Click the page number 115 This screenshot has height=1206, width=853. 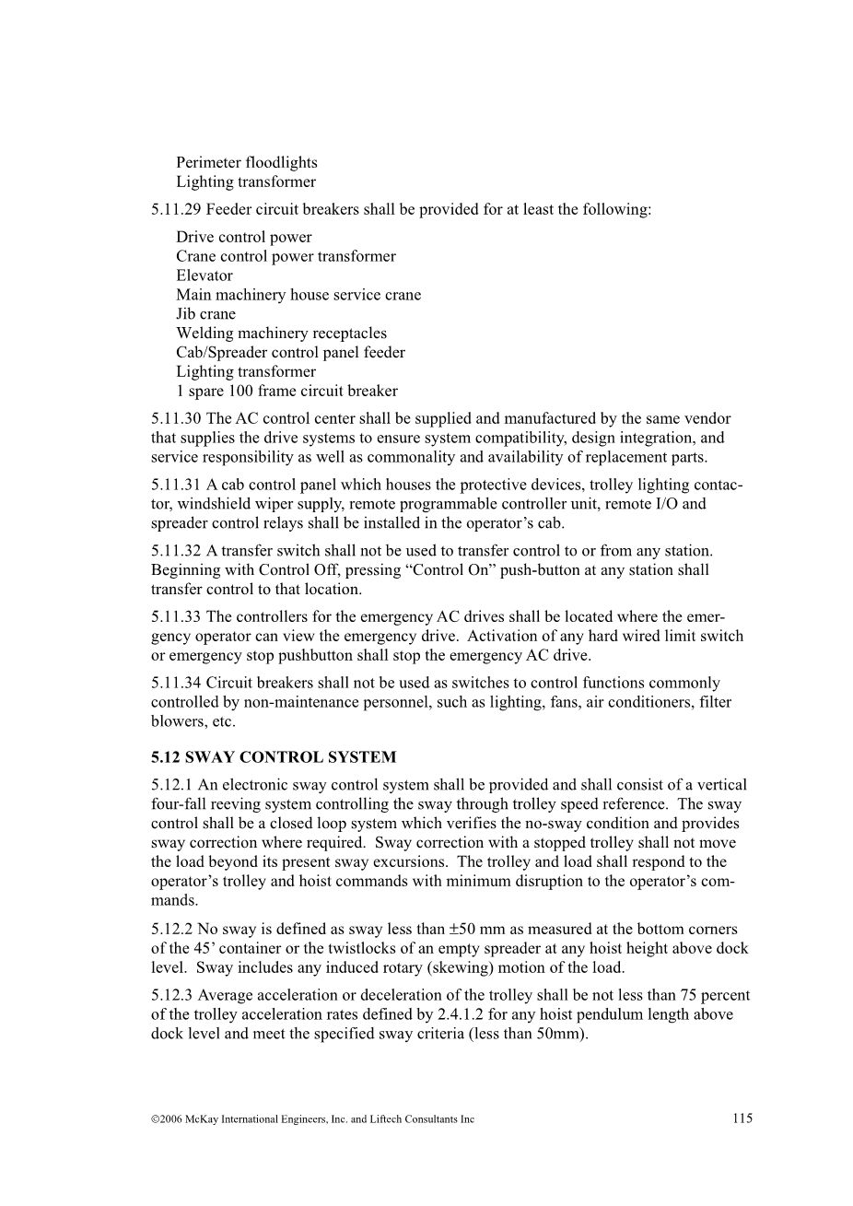742,1118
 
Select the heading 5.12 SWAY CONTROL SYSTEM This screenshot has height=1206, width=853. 274,757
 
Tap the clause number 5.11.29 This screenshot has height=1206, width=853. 176,210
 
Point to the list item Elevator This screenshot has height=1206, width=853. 204,275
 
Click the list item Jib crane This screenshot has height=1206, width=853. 205,314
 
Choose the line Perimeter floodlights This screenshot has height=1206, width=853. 247,163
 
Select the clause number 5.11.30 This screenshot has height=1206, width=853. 176,418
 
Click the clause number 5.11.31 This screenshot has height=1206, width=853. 176,485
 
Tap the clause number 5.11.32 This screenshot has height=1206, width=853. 176,551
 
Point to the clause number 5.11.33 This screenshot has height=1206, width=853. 176,616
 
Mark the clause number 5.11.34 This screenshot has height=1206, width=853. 176,683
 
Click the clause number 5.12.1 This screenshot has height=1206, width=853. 172,785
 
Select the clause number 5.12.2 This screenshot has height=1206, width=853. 172,930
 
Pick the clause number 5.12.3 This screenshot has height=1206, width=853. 172,995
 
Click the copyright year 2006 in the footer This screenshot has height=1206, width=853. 170,1119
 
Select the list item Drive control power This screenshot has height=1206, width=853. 244,238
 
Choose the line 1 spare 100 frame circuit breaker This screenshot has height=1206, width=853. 287,391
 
